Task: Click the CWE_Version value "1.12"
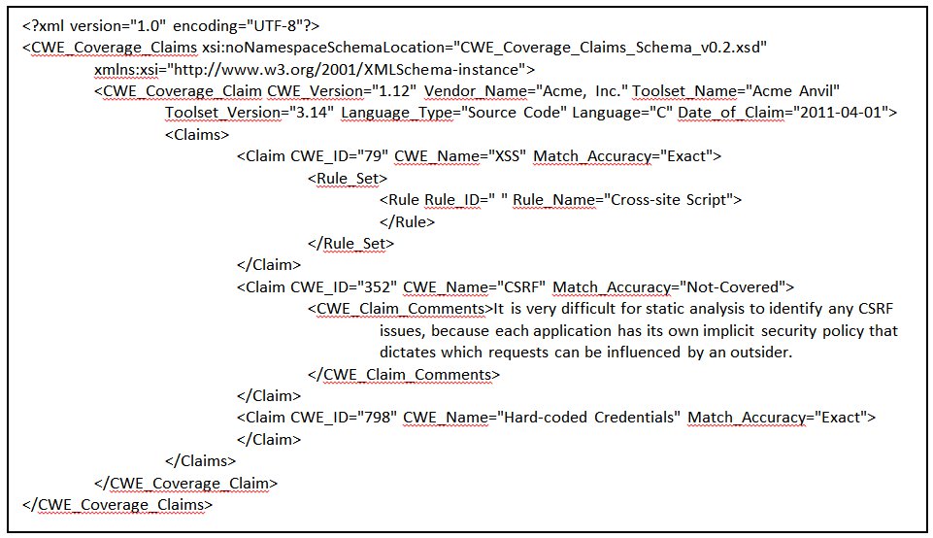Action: click(397, 91)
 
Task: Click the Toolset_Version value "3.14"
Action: click(315, 113)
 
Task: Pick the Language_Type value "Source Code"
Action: click(515, 113)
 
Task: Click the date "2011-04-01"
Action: click(840, 113)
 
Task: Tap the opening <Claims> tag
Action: click(197, 134)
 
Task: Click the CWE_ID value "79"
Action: click(373, 156)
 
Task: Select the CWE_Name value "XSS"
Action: click(507, 156)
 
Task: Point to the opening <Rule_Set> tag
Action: click(348, 178)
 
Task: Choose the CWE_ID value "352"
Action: click(377, 286)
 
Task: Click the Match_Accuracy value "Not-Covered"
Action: click(732, 286)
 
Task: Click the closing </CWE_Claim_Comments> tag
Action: click(404, 374)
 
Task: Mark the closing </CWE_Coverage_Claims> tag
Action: click(117, 505)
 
